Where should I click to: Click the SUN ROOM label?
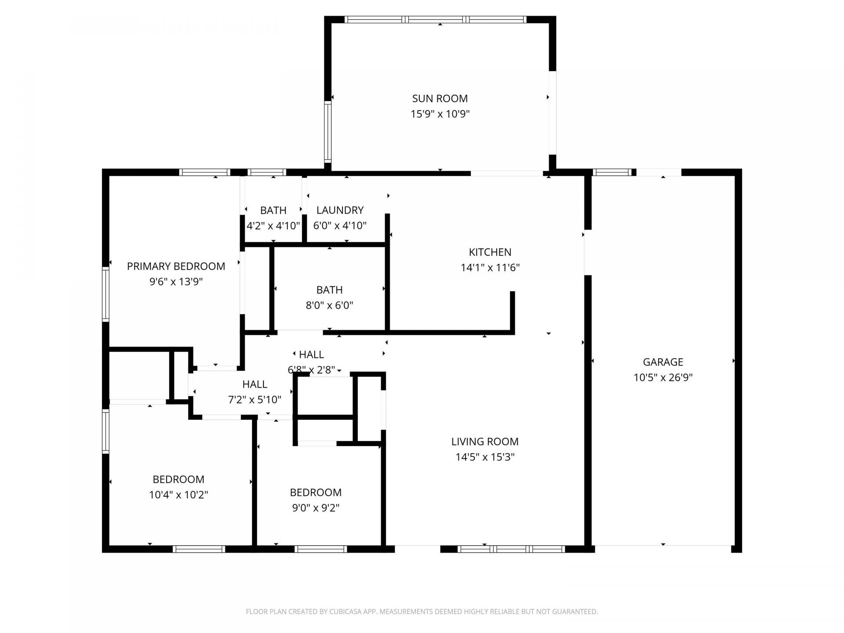[x=440, y=98]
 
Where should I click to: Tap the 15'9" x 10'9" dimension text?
[x=440, y=114]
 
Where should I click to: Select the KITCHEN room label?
[x=490, y=252]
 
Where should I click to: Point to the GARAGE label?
[x=663, y=362]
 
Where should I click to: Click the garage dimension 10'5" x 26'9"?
[x=663, y=378]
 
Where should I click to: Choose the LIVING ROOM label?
[x=485, y=441]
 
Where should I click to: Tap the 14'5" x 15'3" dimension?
[x=485, y=457]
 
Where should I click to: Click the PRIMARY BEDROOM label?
[x=176, y=266]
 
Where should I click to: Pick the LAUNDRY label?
[x=340, y=210]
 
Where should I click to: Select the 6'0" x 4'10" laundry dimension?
[x=340, y=226]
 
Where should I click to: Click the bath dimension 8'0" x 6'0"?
[x=329, y=306]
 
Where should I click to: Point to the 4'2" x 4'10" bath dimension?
[x=273, y=226]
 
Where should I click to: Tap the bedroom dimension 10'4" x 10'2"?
[x=178, y=495]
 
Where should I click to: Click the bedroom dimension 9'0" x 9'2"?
[x=316, y=508]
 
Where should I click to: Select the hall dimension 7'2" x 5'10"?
[x=255, y=400]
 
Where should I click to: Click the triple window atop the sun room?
[x=435, y=19]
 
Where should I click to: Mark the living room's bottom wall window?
[x=511, y=549]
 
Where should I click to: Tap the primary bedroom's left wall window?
[x=105, y=294]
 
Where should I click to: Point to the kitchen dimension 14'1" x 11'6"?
[x=490, y=268]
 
